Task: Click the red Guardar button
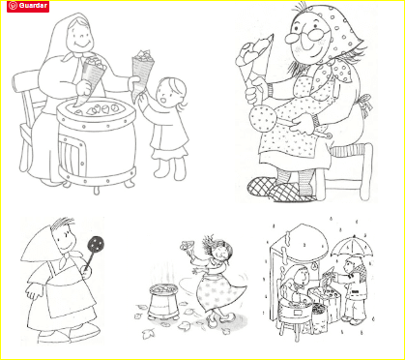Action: (28, 6)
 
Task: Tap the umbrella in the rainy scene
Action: (352, 246)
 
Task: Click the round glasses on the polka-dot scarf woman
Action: (306, 36)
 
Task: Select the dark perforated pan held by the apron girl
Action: (96, 244)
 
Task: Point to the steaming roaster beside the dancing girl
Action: (162, 300)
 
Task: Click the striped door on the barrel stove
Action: (72, 151)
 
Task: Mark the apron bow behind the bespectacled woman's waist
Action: (365, 103)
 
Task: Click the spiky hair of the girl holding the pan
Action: (63, 224)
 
